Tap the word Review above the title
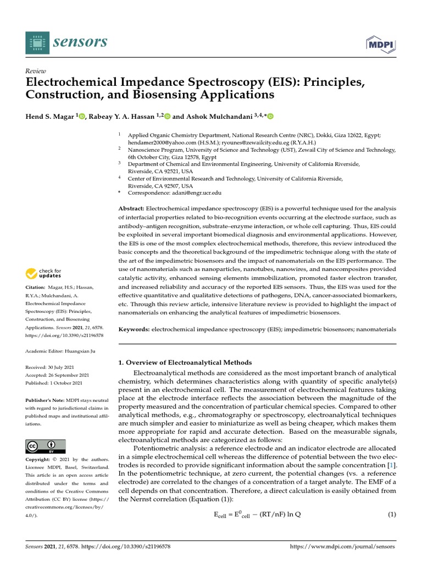[36, 71]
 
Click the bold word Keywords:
[135, 329]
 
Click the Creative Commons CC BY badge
[46, 446]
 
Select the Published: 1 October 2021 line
[54, 383]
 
